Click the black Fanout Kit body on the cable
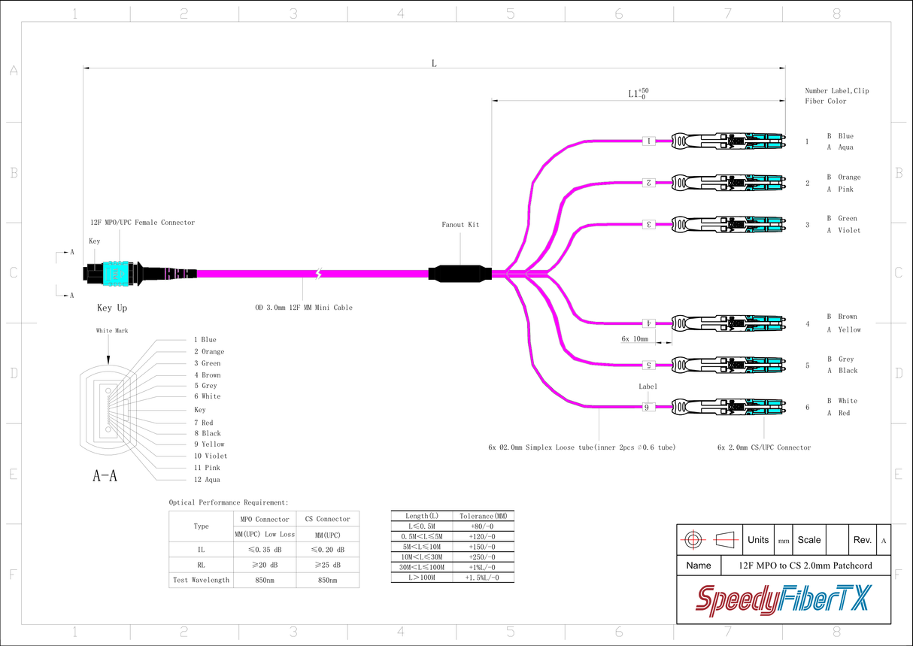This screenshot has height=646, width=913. point(460,273)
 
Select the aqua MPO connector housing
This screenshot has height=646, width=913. point(114,274)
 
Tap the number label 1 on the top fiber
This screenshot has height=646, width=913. point(648,141)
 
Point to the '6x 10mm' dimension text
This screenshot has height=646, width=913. point(635,339)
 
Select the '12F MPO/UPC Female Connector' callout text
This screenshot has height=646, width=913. point(142,223)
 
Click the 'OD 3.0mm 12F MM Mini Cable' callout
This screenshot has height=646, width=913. point(303,308)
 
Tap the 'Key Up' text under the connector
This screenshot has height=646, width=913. point(112,308)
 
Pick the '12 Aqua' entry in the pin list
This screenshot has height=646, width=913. point(207,480)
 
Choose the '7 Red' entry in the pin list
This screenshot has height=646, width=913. point(203,423)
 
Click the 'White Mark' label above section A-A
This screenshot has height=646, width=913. point(111,331)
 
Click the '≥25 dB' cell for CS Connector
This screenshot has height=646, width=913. point(328,565)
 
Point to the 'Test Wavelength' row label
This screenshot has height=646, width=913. point(201,580)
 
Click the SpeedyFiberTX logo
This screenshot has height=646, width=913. point(783,600)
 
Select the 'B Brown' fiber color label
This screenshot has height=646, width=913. point(842,317)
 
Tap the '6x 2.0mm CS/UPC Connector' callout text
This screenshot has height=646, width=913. point(764,447)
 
